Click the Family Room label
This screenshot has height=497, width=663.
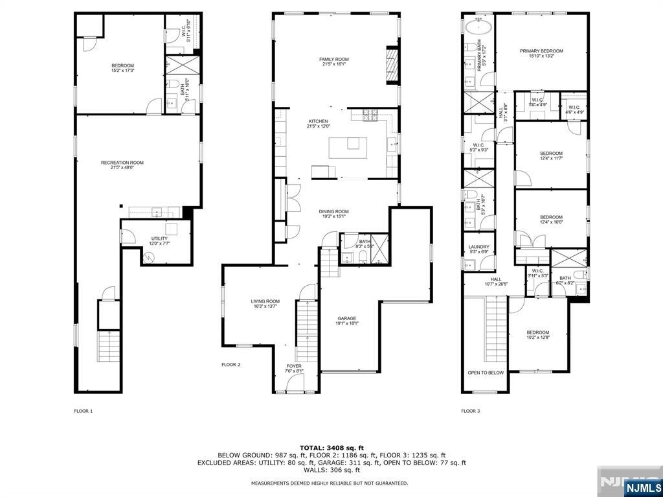click(333, 62)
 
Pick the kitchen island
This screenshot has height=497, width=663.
click(348, 147)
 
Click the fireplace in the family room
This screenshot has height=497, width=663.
click(392, 65)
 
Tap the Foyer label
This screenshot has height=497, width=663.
click(294, 369)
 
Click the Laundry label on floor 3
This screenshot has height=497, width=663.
click(478, 249)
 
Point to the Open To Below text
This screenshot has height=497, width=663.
click(486, 373)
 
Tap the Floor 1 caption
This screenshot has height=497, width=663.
click(84, 411)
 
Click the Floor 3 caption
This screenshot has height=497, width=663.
click(471, 411)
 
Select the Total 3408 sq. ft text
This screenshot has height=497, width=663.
click(331, 448)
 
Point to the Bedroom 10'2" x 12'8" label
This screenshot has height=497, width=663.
click(537, 335)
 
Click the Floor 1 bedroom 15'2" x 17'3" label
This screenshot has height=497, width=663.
click(122, 67)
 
